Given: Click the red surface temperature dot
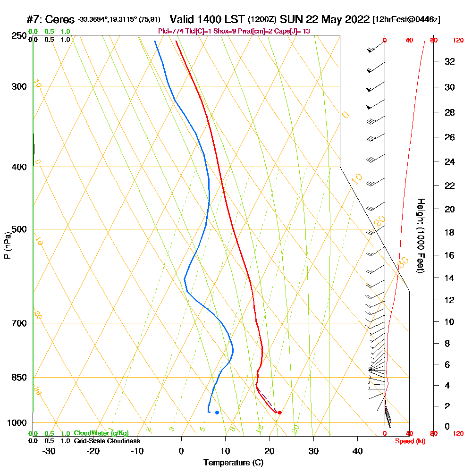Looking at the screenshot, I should (x=280, y=413).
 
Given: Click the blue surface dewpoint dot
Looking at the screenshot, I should (x=217, y=413).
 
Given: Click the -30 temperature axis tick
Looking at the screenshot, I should (x=49, y=451).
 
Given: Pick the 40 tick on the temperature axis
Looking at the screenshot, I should (x=357, y=451).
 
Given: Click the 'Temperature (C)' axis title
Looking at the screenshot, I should (x=233, y=463).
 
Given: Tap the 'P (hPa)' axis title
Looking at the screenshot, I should (x=7, y=245).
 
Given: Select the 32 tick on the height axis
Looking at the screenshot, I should (x=450, y=61).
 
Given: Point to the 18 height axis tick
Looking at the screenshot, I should (x=450, y=232).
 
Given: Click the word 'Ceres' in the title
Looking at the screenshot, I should (x=62, y=19).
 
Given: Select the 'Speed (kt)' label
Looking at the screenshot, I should (x=410, y=441).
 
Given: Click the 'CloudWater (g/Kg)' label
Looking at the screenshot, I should (x=101, y=433).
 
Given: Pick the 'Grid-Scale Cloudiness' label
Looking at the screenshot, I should (x=107, y=441).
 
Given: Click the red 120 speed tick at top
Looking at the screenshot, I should (x=458, y=40).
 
